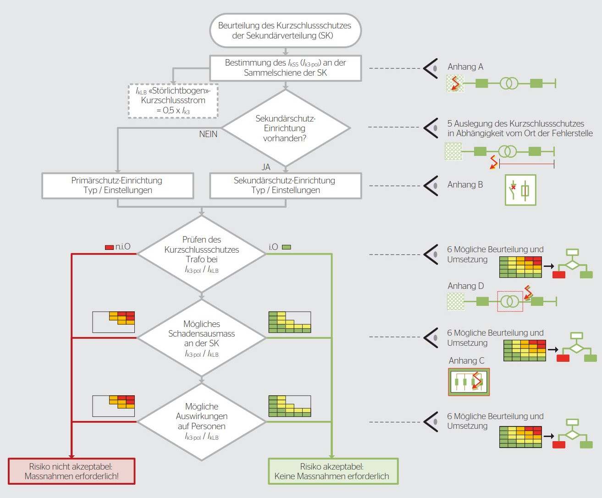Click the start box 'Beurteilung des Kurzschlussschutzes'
tap(286, 30)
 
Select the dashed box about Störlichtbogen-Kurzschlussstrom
tap(173, 100)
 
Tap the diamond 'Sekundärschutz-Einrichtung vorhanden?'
tap(286, 128)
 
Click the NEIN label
tap(208, 134)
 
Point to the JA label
tap(266, 167)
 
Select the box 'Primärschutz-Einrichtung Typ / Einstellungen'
tap(118, 185)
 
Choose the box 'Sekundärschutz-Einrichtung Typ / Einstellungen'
tap(286, 185)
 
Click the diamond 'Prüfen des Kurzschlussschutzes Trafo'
tap(202, 254)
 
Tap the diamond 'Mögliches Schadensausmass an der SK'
tap(202, 338)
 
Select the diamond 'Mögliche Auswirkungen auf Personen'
tap(202, 421)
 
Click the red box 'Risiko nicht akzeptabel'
tap(72, 471)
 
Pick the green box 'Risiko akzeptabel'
tap(333, 471)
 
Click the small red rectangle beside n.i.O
tap(109, 248)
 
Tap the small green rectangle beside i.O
tap(286, 247)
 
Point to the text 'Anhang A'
tap(465, 67)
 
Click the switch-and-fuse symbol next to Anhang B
tap(520, 190)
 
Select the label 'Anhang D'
tap(466, 286)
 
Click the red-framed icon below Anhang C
tap(469, 382)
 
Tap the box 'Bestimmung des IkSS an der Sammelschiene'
tap(286, 68)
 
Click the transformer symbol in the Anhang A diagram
tap(509, 83)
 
